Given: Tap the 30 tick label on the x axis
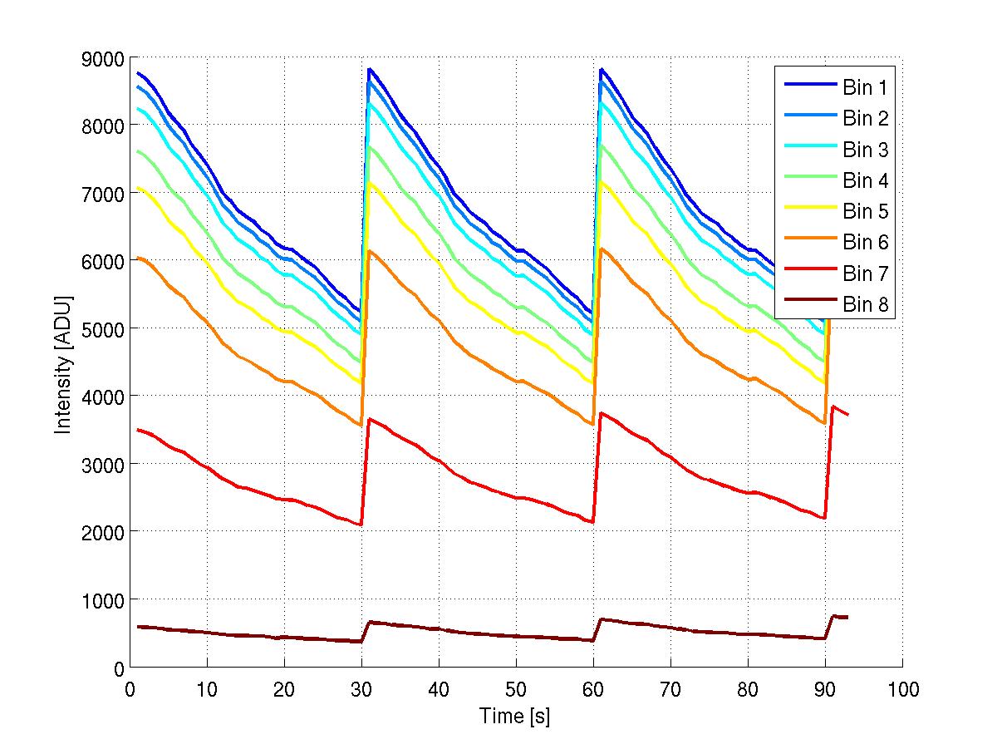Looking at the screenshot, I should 361,689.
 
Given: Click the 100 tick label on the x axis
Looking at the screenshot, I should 902,689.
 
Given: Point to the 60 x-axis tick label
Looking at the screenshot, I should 593,689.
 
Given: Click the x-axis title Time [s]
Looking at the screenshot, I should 514,715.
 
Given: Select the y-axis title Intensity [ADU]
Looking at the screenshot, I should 62,362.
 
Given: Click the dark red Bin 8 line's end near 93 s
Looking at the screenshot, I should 847,617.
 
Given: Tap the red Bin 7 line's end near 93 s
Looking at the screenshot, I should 847,414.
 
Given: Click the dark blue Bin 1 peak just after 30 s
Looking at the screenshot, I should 369,69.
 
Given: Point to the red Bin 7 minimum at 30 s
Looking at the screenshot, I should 361,525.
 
